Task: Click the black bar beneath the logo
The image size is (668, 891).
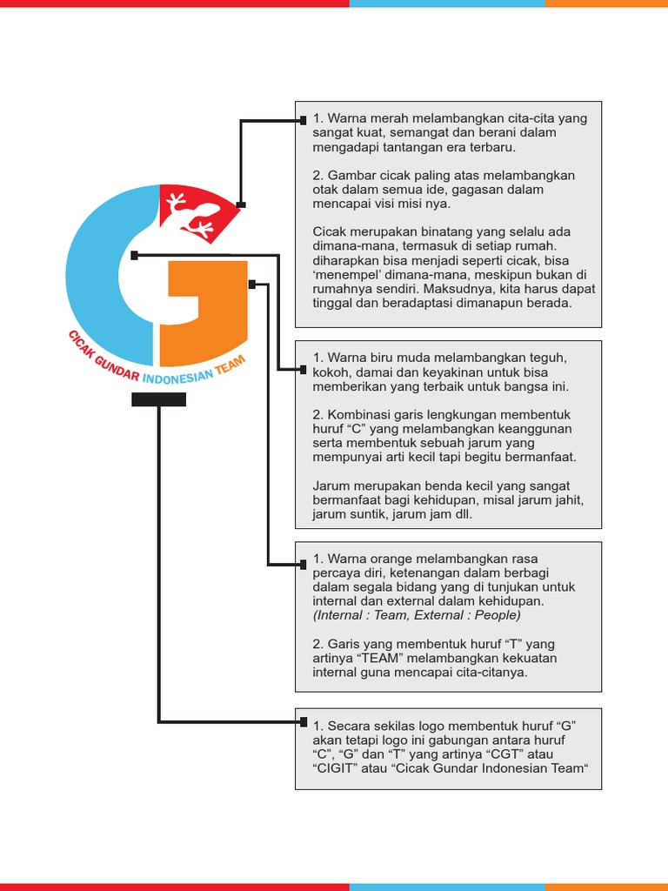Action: click(158, 399)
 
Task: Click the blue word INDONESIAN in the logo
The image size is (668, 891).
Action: click(177, 379)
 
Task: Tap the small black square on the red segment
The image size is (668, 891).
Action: click(241, 205)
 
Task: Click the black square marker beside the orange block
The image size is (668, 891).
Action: click(252, 285)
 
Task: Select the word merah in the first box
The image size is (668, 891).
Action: click(382, 118)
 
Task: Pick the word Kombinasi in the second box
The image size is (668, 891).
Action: click(357, 414)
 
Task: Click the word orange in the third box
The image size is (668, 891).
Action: click(384, 559)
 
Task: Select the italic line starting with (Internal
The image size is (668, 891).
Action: click(417, 615)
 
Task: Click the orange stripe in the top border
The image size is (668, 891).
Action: click(606, 3)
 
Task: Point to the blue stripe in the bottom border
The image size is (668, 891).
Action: click(447, 887)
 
